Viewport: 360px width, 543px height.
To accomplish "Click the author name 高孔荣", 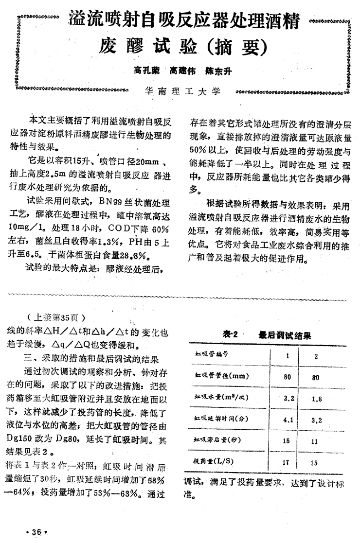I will coord(147,71).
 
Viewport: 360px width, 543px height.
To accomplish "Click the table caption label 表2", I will coord(229,335).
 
